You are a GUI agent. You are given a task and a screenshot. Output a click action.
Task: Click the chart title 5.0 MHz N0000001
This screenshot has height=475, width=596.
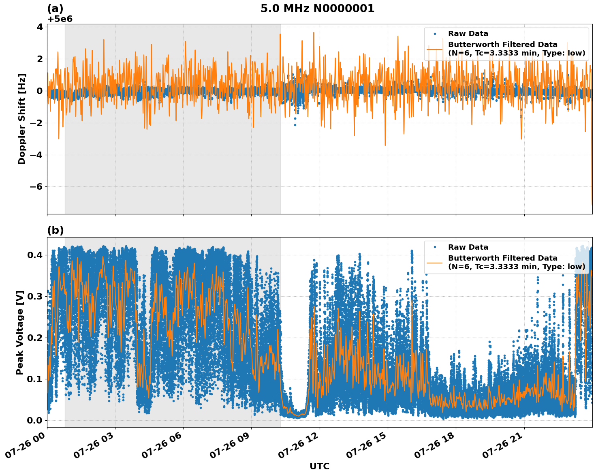pyautogui.click(x=317, y=9)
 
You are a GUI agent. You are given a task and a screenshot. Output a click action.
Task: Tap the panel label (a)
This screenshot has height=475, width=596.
pyautogui.click(x=55, y=9)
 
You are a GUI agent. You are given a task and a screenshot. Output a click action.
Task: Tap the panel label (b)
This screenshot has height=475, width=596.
pyautogui.click(x=55, y=230)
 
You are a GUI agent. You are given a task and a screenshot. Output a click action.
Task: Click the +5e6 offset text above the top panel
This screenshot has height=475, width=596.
pyautogui.click(x=60, y=19)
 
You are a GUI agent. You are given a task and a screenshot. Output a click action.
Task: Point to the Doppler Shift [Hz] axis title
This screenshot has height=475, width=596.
pyautogui.click(x=22, y=119)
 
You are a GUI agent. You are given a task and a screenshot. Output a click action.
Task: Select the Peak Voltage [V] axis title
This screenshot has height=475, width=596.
pyautogui.click(x=20, y=332)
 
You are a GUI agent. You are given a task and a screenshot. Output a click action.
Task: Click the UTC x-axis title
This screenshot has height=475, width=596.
pyautogui.click(x=319, y=466)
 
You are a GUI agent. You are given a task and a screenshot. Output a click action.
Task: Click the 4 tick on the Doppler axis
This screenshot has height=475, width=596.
pyautogui.click(x=40, y=27)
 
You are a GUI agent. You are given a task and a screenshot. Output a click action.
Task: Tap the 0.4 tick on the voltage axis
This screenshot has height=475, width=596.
pyautogui.click(x=35, y=255)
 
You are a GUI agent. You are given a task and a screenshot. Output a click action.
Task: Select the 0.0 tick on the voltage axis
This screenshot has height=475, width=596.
pyautogui.click(x=35, y=420)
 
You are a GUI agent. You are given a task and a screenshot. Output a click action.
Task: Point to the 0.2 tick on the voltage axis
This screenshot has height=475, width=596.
pyautogui.click(x=35, y=338)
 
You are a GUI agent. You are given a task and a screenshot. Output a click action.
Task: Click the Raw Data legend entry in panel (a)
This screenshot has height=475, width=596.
pyautogui.click(x=468, y=34)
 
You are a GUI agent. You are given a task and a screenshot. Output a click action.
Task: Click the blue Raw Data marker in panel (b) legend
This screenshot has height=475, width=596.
pyautogui.click(x=434, y=247)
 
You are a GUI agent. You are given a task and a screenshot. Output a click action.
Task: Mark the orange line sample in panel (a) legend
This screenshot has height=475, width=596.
pyautogui.click(x=434, y=49)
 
